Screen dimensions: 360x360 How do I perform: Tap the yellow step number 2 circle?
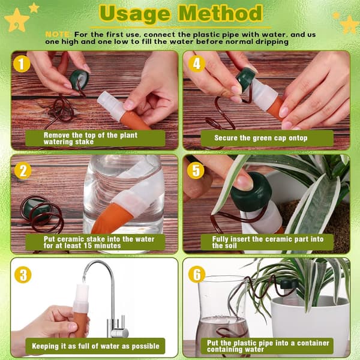(x=23, y=171)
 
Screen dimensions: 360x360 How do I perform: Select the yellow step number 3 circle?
(x=23, y=275)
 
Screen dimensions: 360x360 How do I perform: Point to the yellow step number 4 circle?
(x=197, y=64)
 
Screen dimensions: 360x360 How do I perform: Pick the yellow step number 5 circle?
(x=196, y=170)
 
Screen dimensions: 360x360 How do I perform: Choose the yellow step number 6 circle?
(x=197, y=274)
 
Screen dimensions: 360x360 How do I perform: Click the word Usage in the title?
(x=135, y=14)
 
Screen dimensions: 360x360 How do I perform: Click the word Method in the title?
(x=221, y=13)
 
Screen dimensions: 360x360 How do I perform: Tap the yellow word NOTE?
(x=58, y=35)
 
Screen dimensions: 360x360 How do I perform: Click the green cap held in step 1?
(x=79, y=80)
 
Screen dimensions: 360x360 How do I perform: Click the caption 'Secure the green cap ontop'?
(x=260, y=138)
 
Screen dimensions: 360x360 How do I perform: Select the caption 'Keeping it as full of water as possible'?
(x=95, y=346)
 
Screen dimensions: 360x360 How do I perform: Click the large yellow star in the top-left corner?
(x=17, y=20)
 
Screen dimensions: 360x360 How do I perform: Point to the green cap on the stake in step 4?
(x=245, y=79)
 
